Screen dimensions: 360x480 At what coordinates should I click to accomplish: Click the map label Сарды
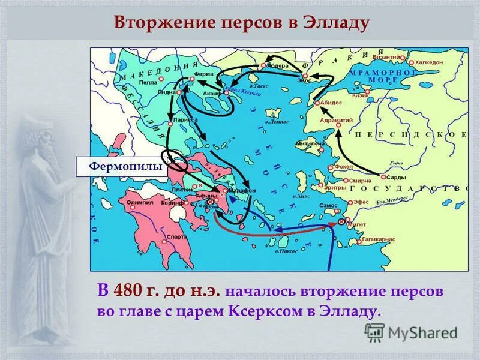[396, 178]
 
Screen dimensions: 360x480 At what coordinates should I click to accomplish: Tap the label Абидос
[331, 103]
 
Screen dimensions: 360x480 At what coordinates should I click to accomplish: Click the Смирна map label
[361, 180]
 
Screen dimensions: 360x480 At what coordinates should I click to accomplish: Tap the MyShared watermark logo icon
[375, 332]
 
